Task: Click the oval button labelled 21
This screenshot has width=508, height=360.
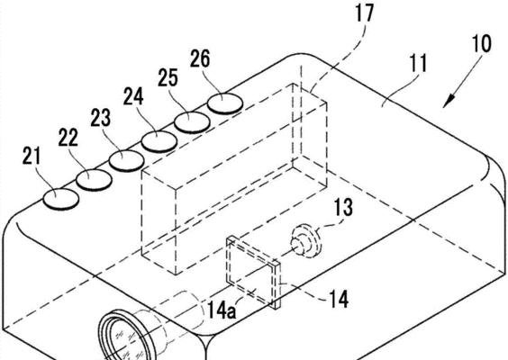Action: click(61, 199)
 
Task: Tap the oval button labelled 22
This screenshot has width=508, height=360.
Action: click(94, 180)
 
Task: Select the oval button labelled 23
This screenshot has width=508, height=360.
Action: click(126, 161)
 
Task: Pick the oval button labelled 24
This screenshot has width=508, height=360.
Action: click(159, 141)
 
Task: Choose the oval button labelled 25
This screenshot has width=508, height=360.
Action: click(192, 122)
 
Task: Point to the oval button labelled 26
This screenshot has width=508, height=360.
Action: click(225, 103)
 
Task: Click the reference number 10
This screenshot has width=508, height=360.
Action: click(482, 43)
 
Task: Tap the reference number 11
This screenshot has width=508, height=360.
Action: click(418, 64)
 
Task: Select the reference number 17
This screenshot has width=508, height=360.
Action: click(364, 13)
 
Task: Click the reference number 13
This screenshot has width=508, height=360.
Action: click(343, 208)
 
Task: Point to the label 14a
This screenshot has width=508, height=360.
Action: click(222, 310)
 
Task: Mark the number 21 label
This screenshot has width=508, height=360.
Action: click(32, 156)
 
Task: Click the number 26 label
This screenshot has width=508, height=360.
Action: click(200, 58)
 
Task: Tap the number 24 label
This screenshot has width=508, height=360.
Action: click(133, 96)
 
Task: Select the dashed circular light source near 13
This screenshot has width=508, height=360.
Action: click(306, 241)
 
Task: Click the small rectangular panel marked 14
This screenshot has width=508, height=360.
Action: click(253, 273)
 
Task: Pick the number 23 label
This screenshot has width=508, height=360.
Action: click(101, 118)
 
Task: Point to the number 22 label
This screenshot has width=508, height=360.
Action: click(68, 138)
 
